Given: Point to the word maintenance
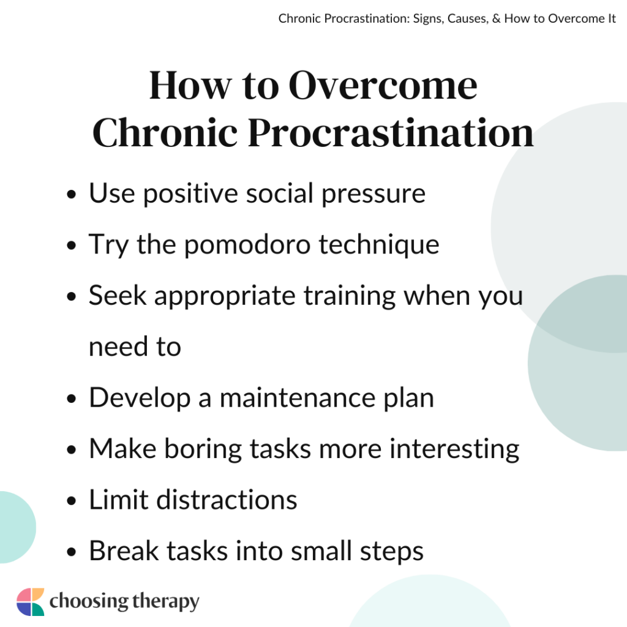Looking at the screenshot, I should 307,398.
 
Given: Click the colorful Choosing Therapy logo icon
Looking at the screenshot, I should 30,601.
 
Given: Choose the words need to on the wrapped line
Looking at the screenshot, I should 135,347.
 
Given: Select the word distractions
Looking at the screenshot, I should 227,500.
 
